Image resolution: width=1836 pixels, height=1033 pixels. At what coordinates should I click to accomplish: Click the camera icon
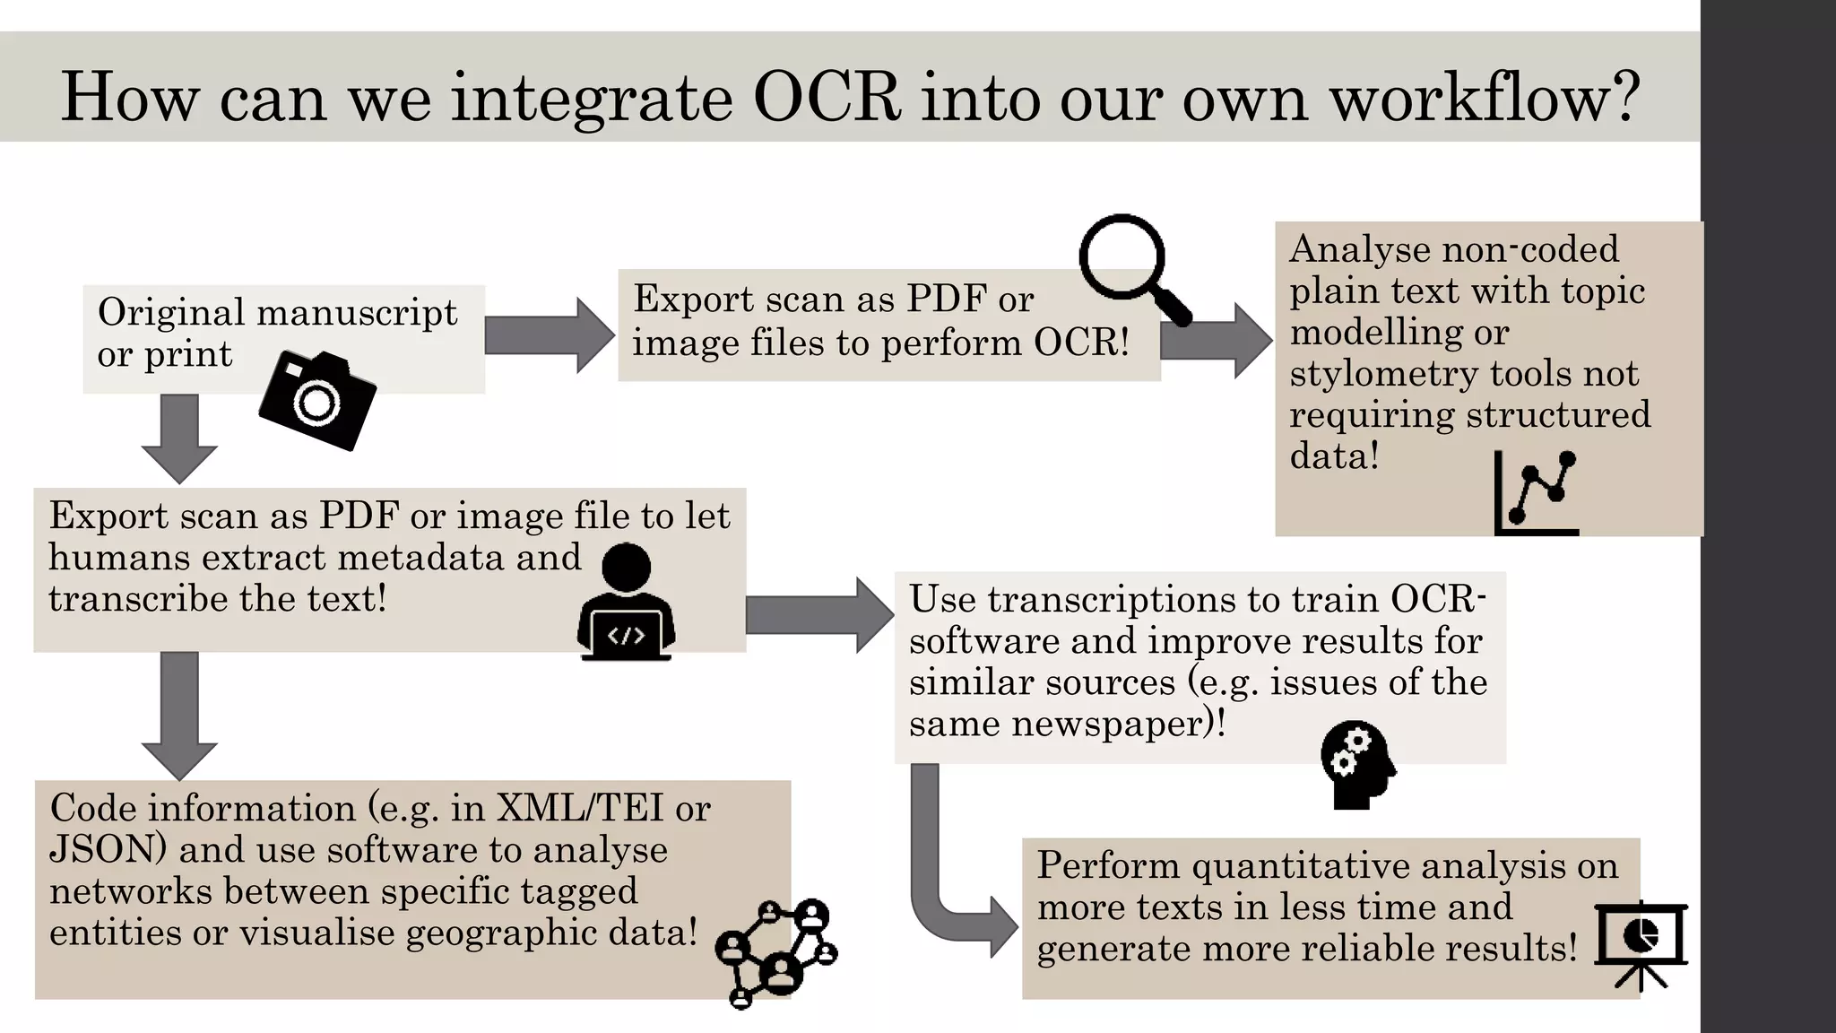(x=317, y=401)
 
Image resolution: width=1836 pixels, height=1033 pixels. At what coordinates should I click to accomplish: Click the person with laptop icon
(x=626, y=602)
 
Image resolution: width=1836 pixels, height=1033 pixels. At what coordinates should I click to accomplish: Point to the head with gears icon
(x=1356, y=764)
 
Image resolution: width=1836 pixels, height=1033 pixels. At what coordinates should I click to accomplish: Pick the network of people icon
(x=775, y=952)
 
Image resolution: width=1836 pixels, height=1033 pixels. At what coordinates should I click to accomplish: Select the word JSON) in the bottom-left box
(x=108, y=849)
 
